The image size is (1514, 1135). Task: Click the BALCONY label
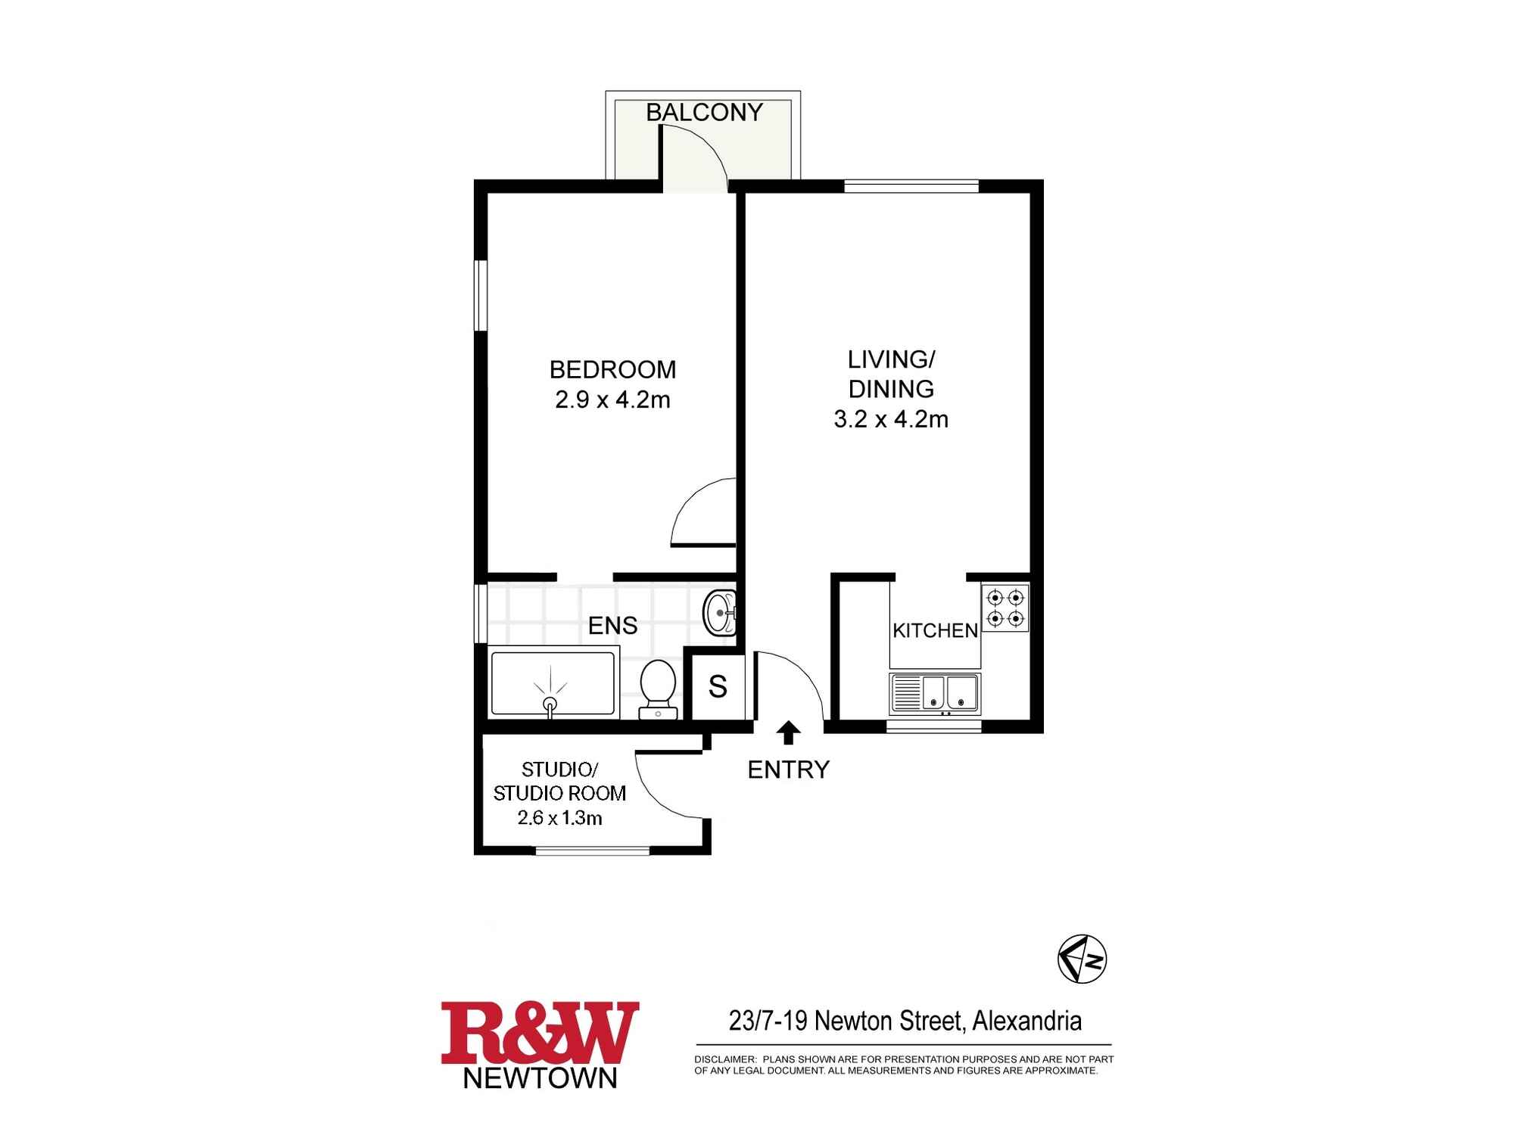point(704,112)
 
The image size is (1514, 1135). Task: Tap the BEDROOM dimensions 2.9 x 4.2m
point(612,400)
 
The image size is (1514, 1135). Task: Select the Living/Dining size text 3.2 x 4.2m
point(891,419)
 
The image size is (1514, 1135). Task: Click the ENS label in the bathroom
point(612,626)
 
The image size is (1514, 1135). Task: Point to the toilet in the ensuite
point(657,689)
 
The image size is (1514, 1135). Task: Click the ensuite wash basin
point(719,613)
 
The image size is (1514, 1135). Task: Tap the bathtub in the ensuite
point(553,683)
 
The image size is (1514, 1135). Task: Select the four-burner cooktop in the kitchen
point(1005,608)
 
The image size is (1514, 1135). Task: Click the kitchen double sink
point(936,694)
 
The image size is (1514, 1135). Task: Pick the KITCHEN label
point(935,630)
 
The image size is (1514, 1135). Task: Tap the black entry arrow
point(789,732)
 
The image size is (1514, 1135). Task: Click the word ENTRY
point(788,770)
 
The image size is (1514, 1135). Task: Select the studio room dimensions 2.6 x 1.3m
point(559,817)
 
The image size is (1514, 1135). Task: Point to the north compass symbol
point(1082,959)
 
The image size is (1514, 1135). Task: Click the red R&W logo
point(540,1034)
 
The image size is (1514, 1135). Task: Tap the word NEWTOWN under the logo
point(540,1078)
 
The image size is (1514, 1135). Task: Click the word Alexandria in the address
point(1026,1022)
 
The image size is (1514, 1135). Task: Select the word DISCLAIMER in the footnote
point(725,1059)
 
